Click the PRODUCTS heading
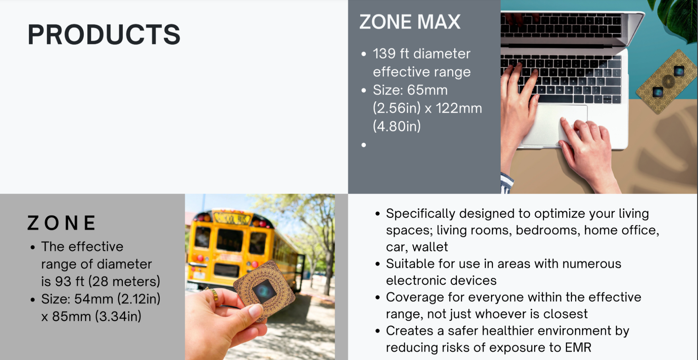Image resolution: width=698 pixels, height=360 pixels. pyautogui.click(x=104, y=34)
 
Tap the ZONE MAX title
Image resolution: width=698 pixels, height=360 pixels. pyautogui.click(x=410, y=22)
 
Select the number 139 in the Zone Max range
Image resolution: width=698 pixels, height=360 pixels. pyautogui.click(x=384, y=53)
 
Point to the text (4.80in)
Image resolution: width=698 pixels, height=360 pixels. pyautogui.click(x=397, y=126)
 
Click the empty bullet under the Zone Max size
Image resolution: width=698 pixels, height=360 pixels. pyautogui.click(x=363, y=145)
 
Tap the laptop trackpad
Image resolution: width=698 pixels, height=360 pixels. pyautogui.click(x=554, y=125)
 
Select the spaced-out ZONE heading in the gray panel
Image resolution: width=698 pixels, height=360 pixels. pyautogui.click(x=61, y=223)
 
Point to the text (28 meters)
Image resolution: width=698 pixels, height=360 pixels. pyautogui.click(x=124, y=281)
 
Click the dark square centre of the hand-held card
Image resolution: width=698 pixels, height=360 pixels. pyautogui.click(x=264, y=291)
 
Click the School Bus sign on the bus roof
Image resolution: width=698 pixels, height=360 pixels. pyautogui.click(x=232, y=219)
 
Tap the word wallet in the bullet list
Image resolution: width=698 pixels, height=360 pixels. pyautogui.click(x=430, y=247)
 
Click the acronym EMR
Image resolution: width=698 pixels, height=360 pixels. pyautogui.click(x=578, y=348)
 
